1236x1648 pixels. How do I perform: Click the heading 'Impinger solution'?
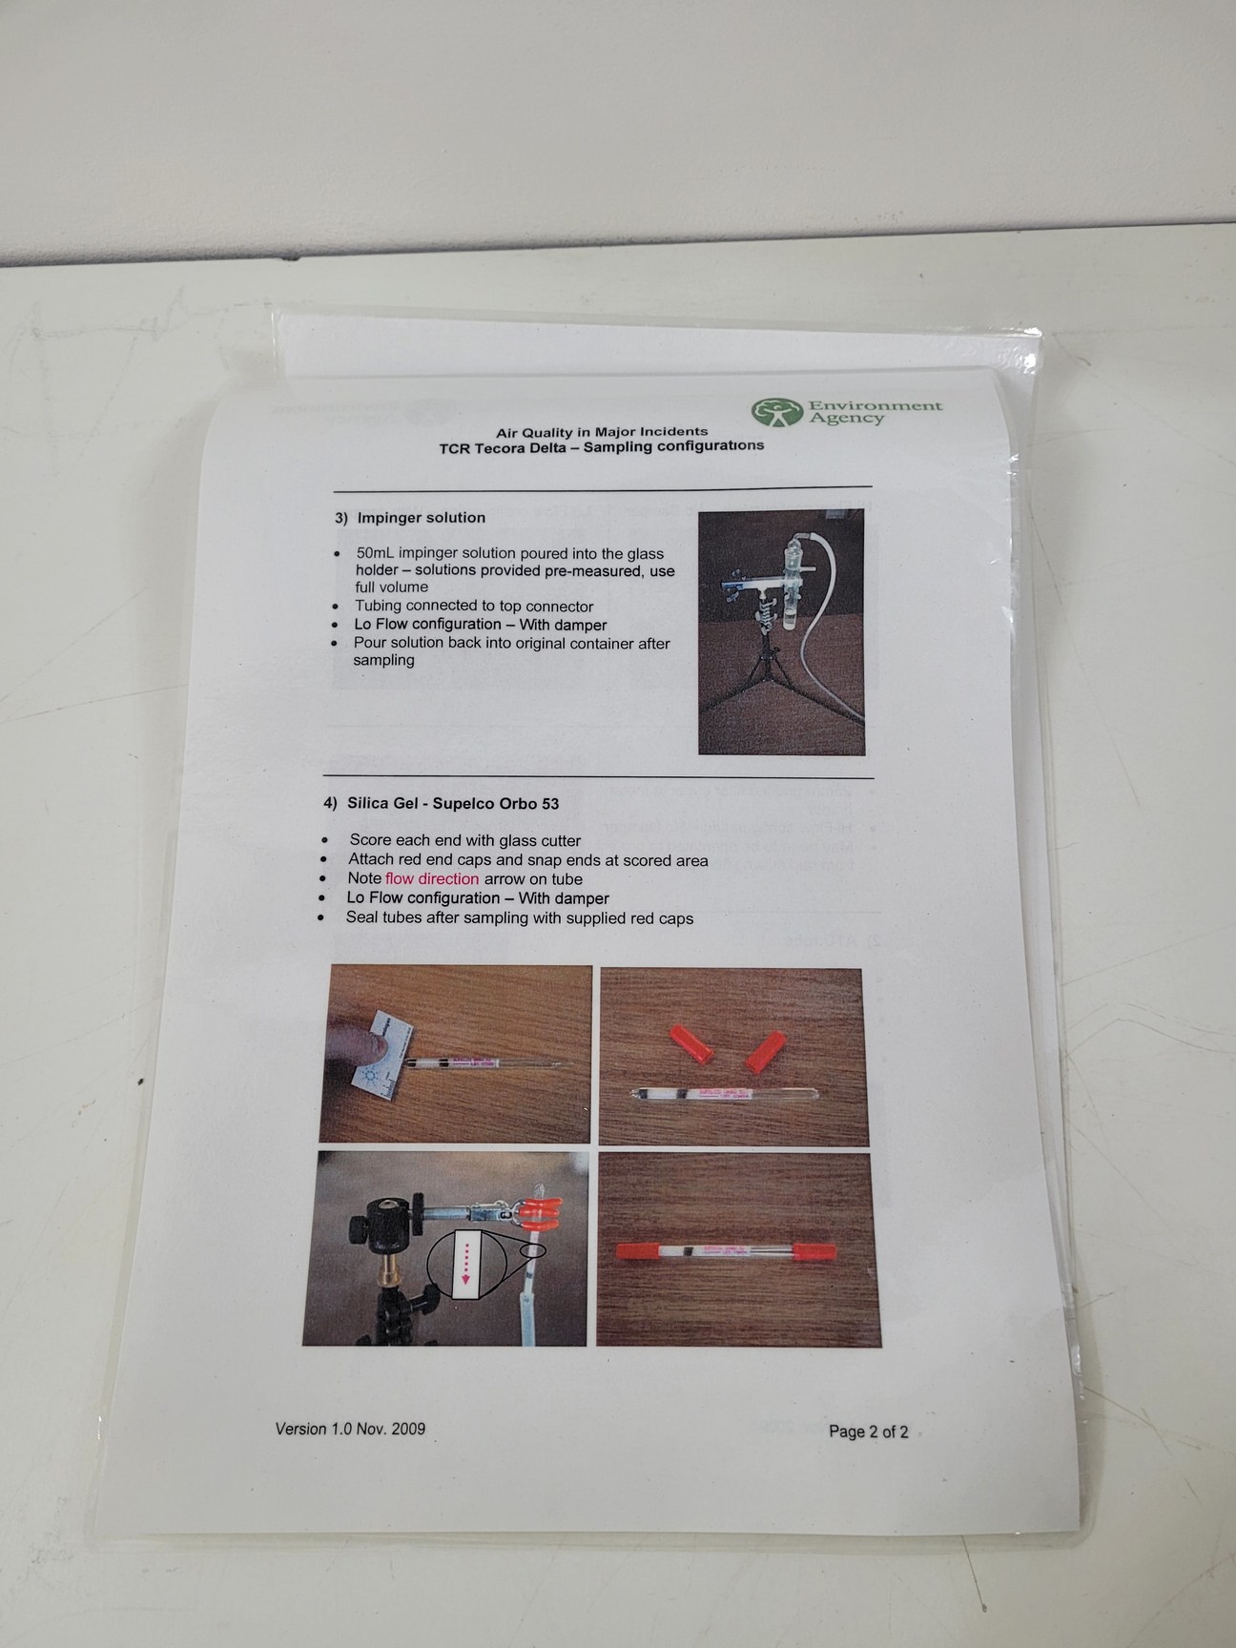point(421,518)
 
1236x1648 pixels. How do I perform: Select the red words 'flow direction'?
point(432,878)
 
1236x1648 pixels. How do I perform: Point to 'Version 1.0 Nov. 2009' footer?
point(350,1429)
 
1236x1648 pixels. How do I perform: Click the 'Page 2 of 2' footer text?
point(868,1432)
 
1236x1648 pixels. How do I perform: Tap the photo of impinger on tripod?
point(780,631)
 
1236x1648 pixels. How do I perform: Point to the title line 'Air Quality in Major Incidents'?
point(601,432)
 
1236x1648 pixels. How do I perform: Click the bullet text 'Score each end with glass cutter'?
point(464,840)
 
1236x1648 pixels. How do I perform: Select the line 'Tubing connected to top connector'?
point(474,607)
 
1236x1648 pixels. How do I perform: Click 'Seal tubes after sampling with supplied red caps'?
point(519,918)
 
